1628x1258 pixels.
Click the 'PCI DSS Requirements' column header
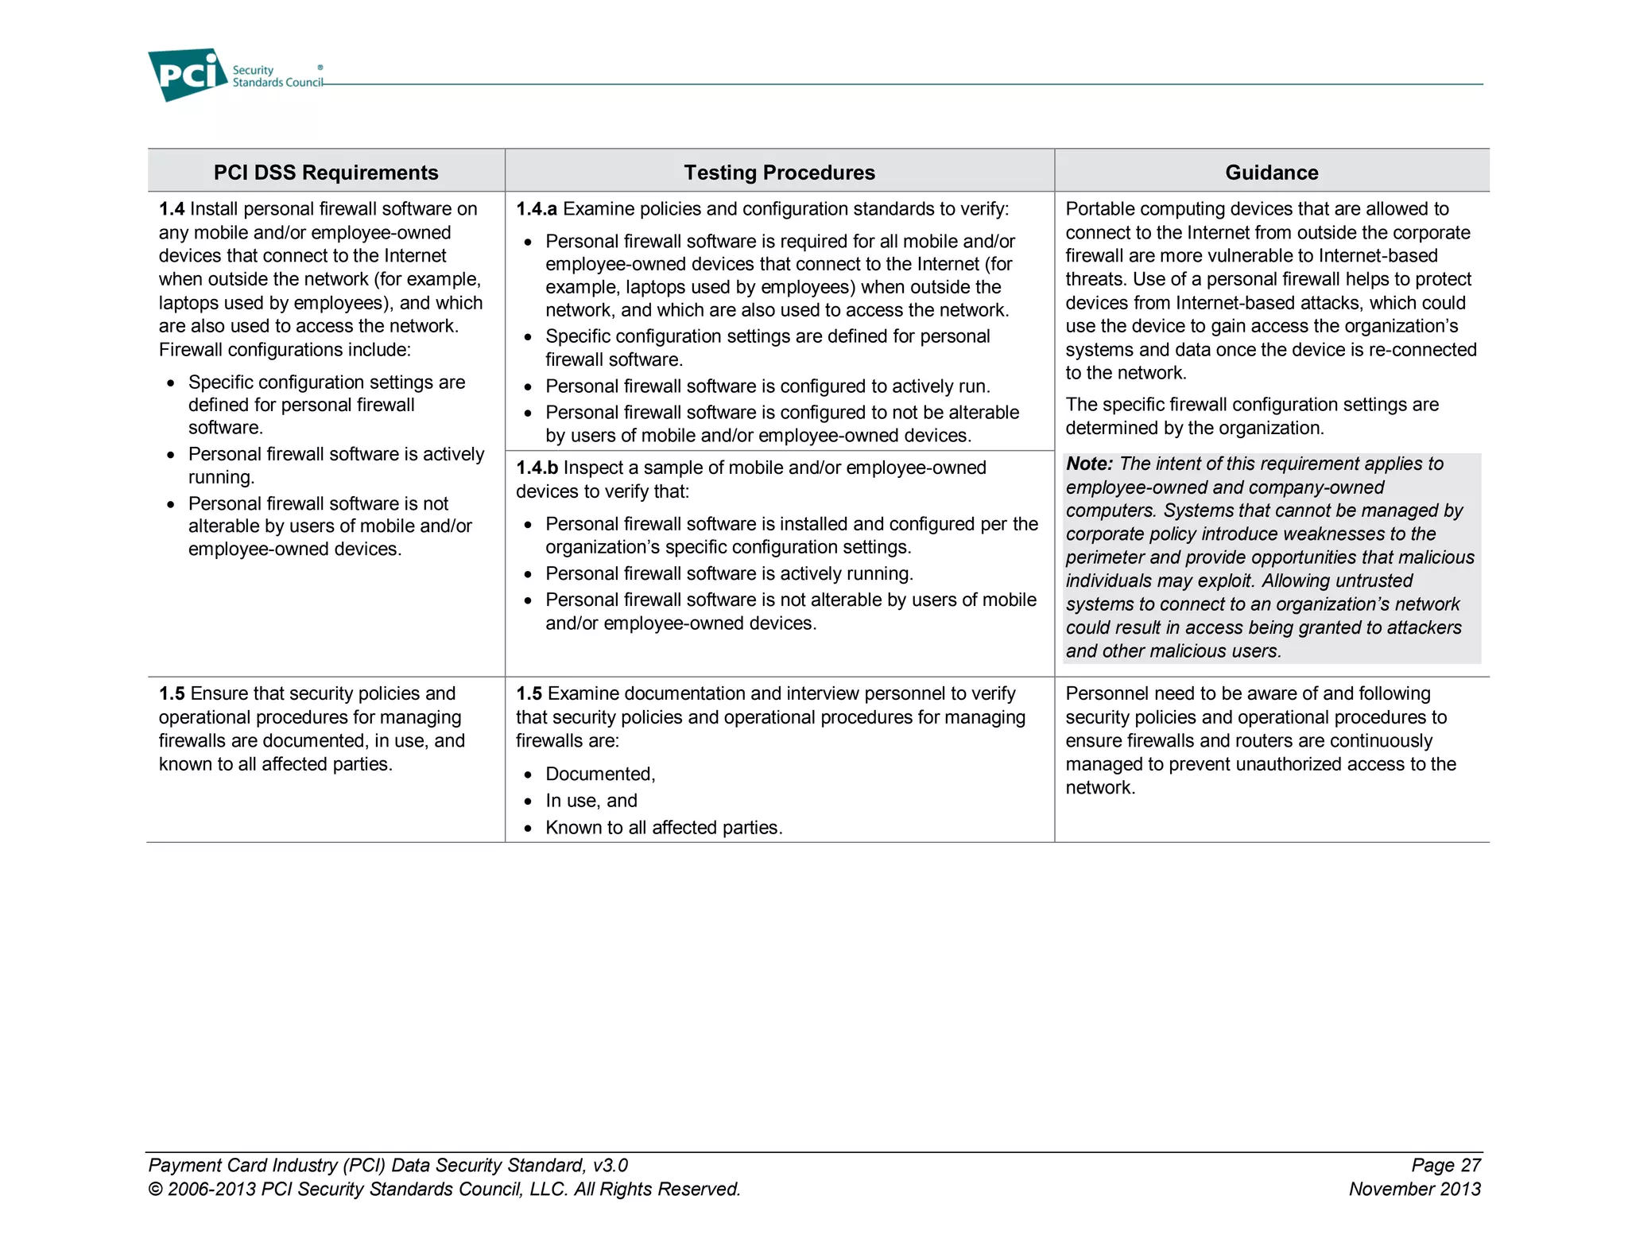pyautogui.click(x=326, y=173)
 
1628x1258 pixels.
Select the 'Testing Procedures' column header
pyautogui.click(x=779, y=173)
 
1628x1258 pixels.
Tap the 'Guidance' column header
pyautogui.click(x=1271, y=173)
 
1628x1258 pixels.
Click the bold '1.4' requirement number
pyautogui.click(x=172, y=209)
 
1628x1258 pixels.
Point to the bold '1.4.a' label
pyautogui.click(x=537, y=209)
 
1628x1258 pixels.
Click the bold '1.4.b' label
pyautogui.click(x=537, y=468)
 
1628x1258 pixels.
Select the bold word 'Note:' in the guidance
pyautogui.click(x=1089, y=464)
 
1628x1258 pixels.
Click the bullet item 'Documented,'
pyautogui.click(x=600, y=775)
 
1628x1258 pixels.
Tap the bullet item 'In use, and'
pyautogui.click(x=591, y=801)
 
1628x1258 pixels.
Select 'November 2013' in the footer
pyautogui.click(x=1414, y=1190)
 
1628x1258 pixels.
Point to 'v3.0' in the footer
pyautogui.click(x=610, y=1166)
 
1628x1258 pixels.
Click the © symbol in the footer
pyautogui.click(x=156, y=1190)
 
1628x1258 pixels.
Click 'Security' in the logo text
pyautogui.click(x=253, y=70)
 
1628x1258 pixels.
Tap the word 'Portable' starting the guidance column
pyautogui.click(x=1098, y=209)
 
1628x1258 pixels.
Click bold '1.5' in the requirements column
pyautogui.click(x=172, y=694)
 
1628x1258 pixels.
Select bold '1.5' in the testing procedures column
pyautogui.click(x=529, y=694)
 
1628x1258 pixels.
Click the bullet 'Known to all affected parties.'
pyautogui.click(x=664, y=828)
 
